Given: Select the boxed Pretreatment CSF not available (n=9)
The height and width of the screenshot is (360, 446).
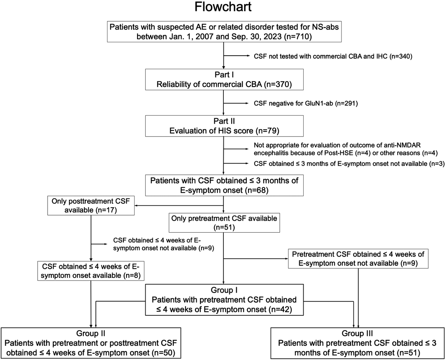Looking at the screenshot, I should click(358, 259).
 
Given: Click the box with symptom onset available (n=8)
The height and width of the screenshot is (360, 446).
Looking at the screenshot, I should click(91, 271).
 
